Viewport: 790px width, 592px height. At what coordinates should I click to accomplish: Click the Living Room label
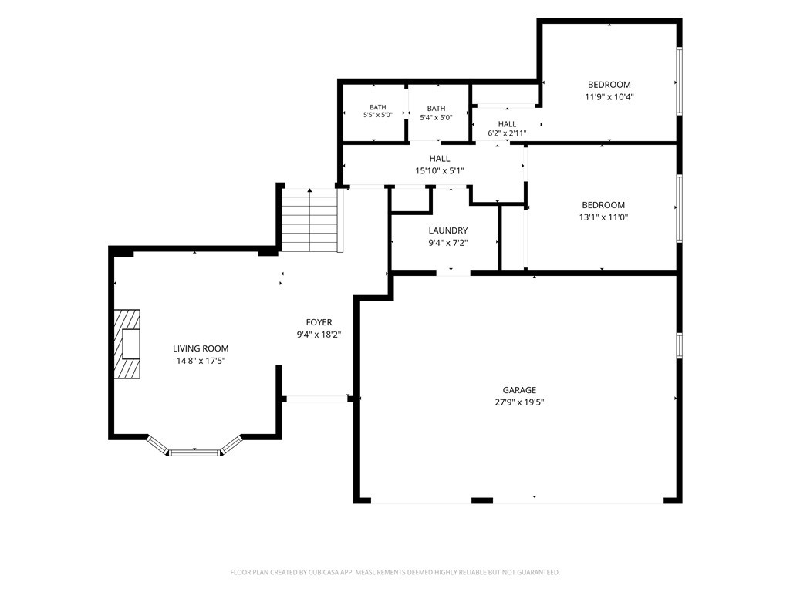[x=201, y=348]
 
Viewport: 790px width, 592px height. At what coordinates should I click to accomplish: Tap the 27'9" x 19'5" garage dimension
[x=519, y=402]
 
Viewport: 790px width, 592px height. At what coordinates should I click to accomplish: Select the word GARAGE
[x=519, y=390]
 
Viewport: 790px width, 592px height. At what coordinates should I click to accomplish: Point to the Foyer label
[x=319, y=322]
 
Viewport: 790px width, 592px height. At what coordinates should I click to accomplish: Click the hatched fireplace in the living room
[x=127, y=344]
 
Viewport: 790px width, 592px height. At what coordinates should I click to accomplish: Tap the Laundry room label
[x=448, y=230]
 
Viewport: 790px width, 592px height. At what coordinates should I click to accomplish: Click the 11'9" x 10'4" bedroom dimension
[x=609, y=97]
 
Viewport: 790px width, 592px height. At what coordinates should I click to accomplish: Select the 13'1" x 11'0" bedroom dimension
[x=603, y=217]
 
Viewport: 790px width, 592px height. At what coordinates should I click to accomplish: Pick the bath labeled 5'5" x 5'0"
[x=378, y=111]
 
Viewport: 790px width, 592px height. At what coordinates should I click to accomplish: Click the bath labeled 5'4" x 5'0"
[x=437, y=113]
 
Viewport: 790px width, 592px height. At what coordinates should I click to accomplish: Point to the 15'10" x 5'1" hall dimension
[x=439, y=170]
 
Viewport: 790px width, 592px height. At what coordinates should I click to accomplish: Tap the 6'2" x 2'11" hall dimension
[x=507, y=133]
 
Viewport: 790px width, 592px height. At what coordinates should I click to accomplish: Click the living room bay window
[x=194, y=448]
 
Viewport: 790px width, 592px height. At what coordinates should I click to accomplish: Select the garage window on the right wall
[x=679, y=345]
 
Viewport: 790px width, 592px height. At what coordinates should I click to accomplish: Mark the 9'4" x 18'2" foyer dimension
[x=319, y=335]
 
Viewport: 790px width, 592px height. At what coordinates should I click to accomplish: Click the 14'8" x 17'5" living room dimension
[x=201, y=361]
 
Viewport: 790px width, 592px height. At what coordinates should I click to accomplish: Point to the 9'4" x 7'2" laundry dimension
[x=448, y=243]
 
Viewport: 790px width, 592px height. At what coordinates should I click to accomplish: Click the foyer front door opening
[x=317, y=399]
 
